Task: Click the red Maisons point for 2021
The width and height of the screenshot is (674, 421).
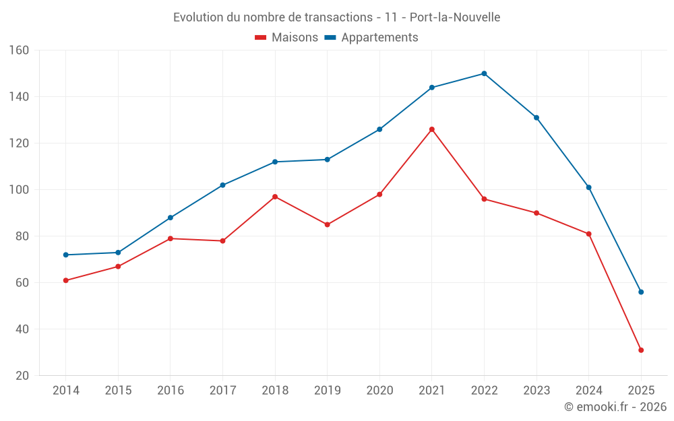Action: (432, 129)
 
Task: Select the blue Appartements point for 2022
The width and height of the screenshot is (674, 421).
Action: (484, 73)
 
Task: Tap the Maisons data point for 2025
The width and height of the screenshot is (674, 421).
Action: (641, 350)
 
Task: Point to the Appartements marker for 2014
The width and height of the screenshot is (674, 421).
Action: (65, 255)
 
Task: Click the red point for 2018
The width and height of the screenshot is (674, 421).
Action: (275, 197)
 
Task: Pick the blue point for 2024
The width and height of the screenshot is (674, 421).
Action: (589, 187)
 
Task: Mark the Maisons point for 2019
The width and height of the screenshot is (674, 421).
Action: (328, 224)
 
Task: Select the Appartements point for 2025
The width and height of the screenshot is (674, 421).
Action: (641, 292)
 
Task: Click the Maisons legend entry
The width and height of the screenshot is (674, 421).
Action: (286, 38)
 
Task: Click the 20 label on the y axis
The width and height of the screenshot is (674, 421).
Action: (22, 376)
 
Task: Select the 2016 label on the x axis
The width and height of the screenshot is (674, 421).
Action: (171, 391)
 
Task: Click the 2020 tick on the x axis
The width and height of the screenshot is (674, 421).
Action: (379, 391)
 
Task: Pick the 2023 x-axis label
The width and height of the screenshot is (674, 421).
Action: (537, 391)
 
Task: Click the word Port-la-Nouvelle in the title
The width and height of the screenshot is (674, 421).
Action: (455, 17)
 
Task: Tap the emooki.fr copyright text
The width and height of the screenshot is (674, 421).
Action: (615, 407)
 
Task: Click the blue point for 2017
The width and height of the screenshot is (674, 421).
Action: (222, 185)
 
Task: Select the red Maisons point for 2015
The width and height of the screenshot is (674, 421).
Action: (118, 266)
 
